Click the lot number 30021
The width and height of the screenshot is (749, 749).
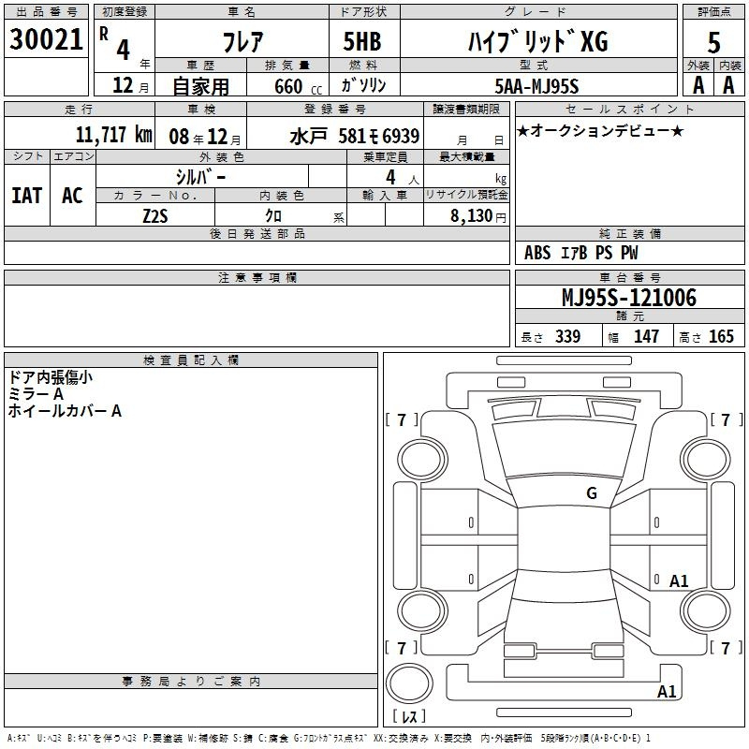46,39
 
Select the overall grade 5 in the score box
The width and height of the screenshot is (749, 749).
713,43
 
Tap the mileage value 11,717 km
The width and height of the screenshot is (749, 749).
114,135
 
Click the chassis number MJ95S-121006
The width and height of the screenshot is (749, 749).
629,298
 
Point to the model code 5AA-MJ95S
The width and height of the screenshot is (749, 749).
536,86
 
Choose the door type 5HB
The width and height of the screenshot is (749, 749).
362,41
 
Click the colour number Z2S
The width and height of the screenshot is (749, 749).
155,216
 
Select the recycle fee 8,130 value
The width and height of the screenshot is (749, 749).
472,216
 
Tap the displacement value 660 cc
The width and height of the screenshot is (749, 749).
298,87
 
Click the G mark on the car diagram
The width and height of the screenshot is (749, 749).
592,493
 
